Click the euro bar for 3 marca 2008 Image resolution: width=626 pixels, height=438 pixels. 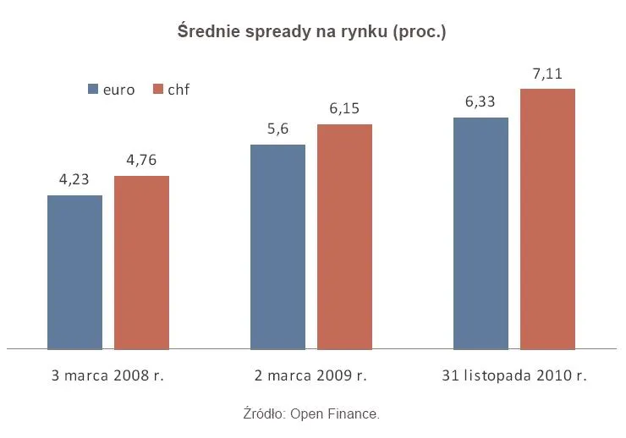pyautogui.click(x=74, y=271)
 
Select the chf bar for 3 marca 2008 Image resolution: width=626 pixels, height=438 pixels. pyautogui.click(x=141, y=262)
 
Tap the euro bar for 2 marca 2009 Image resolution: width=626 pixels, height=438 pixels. pyautogui.click(x=277, y=246)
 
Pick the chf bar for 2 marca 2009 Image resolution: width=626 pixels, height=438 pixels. pyautogui.click(x=344, y=236)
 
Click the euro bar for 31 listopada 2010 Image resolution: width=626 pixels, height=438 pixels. pyautogui.click(x=480, y=233)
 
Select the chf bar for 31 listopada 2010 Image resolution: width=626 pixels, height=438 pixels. pyautogui.click(x=547, y=218)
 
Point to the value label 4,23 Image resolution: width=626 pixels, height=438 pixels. pyautogui.click(x=74, y=179)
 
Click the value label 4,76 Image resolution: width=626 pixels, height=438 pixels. pyautogui.click(x=141, y=160)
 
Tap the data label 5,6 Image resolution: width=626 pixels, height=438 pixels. pyautogui.click(x=277, y=129)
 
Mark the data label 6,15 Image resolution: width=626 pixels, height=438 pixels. pyautogui.click(x=344, y=108)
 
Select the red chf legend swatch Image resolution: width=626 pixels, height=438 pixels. pyautogui.click(x=156, y=90)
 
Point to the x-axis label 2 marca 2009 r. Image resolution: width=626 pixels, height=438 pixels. pyautogui.click(x=310, y=375)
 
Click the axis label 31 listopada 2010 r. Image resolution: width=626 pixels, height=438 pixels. pyautogui.click(x=514, y=375)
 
